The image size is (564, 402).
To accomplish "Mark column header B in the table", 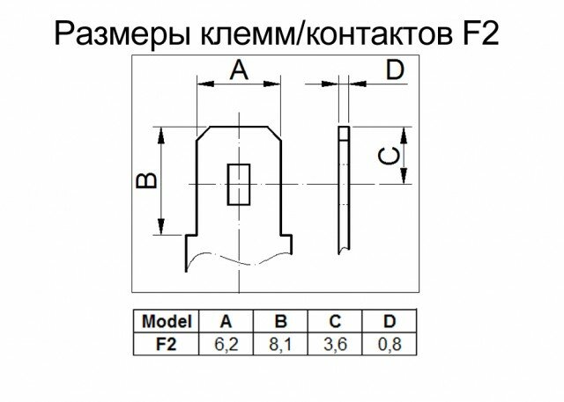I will coord(282,320).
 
